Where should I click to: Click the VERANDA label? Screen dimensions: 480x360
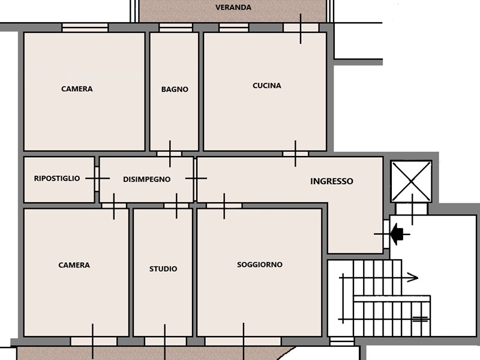click(x=233, y=7)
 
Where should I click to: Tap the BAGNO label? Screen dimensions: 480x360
click(x=175, y=89)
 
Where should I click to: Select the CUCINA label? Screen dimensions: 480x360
click(x=267, y=86)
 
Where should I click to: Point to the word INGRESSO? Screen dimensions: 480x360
click(x=332, y=181)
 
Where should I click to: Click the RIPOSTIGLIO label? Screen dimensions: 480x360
click(x=57, y=178)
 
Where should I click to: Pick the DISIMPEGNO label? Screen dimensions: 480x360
click(x=146, y=179)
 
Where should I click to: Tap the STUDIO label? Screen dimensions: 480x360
click(x=163, y=269)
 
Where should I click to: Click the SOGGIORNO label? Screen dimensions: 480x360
click(x=260, y=265)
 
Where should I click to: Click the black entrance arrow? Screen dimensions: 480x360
click(x=397, y=234)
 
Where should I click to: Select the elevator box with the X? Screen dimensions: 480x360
click(x=411, y=181)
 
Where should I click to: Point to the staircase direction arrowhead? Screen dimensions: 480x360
click(x=413, y=278)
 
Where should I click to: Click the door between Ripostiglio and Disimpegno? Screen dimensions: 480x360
click(x=97, y=179)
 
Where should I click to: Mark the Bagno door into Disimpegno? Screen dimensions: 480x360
click(x=169, y=154)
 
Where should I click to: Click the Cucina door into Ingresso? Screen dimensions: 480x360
click(x=295, y=154)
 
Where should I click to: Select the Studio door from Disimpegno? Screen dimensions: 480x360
click(x=176, y=206)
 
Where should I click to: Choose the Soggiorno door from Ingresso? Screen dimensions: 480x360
click(x=224, y=206)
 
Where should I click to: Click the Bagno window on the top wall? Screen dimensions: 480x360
click(x=176, y=28)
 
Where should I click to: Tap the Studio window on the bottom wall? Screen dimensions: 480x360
click(x=166, y=341)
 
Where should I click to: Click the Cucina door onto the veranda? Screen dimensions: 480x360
click(x=301, y=28)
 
